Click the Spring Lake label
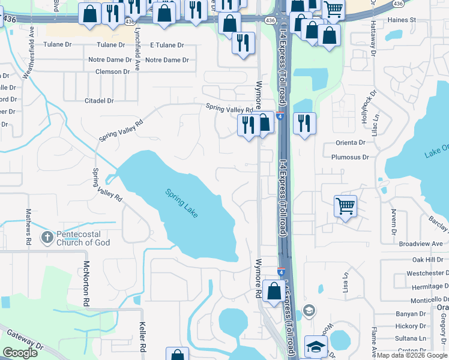pyautogui.click(x=181, y=203)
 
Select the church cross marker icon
pyautogui.click(x=47, y=238)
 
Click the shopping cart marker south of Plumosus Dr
pyautogui.click(x=346, y=206)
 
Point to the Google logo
pyautogui.click(x=20, y=353)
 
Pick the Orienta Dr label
pyautogui.click(x=350, y=143)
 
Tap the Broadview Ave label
pyautogui.click(x=420, y=244)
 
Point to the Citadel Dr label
pyautogui.click(x=99, y=101)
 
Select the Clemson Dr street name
pyautogui.click(x=112, y=71)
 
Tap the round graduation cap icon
pyautogui.click(x=309, y=310)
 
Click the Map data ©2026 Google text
pyautogui.click(x=412, y=355)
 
